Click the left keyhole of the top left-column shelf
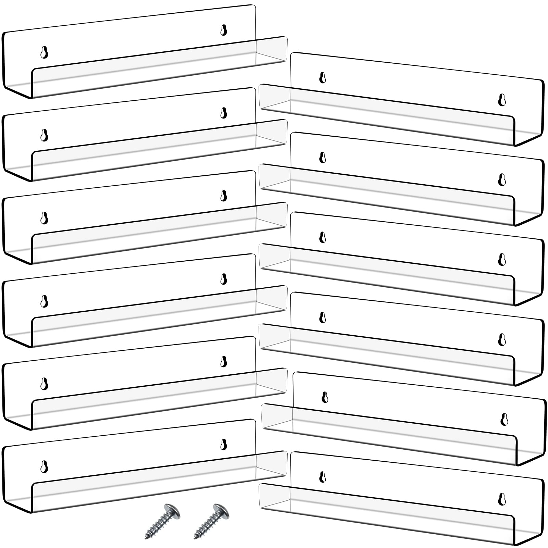tap(44, 52)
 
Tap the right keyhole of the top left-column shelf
tap(224, 30)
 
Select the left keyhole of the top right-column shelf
tap(322, 78)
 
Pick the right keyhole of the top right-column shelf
tap(502, 100)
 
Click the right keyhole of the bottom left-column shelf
tap(224, 444)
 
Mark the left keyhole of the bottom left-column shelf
tap(44, 466)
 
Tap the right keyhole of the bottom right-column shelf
tap(502, 499)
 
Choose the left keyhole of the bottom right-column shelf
tap(322, 477)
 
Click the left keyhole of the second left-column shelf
tap(44, 135)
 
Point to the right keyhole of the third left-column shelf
tap(224, 196)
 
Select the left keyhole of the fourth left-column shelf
tap(44, 301)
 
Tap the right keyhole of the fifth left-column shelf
tap(224, 361)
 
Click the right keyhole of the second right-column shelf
tap(502, 179)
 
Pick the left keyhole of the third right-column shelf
tap(322, 237)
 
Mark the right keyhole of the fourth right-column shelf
tap(502, 339)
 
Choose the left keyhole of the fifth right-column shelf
tap(325, 397)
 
